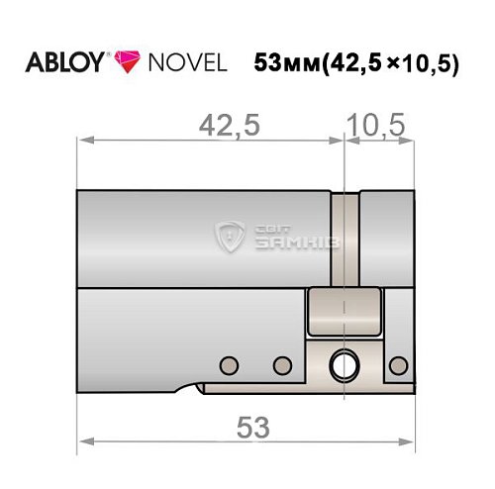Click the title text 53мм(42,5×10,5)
tap(356, 61)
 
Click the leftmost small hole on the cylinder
tap(229, 363)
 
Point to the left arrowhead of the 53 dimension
tap(82, 439)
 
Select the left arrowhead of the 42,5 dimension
tap(82, 141)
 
